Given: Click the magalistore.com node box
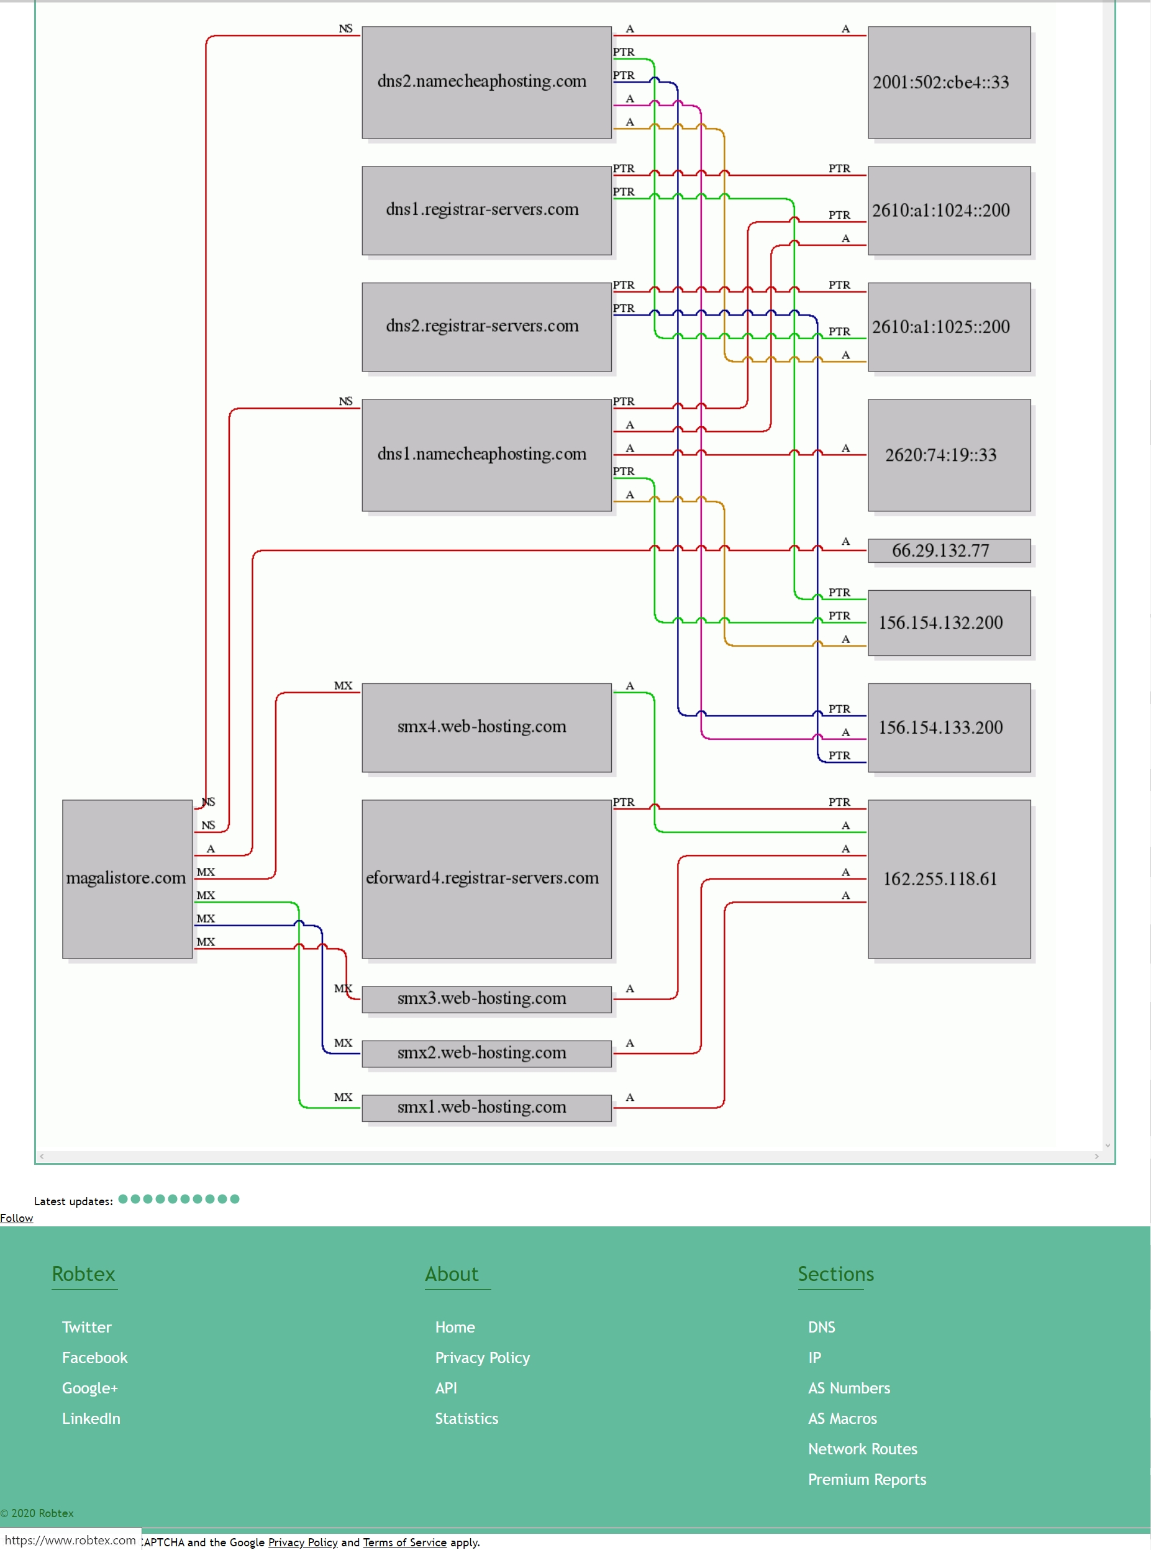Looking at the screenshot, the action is click(127, 878).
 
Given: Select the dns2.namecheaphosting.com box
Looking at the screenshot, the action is click(486, 82).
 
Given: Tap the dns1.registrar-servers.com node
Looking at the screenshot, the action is click(486, 211).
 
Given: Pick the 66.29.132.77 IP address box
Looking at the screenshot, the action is click(949, 550).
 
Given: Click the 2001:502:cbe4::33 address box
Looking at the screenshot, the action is click(949, 82).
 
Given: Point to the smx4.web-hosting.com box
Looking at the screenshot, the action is click(486, 727).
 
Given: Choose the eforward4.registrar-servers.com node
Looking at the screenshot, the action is click(486, 878).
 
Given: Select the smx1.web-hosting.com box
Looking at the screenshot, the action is click(486, 1108).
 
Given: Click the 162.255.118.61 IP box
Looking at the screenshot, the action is click(949, 878).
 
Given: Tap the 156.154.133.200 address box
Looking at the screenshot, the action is click(949, 727).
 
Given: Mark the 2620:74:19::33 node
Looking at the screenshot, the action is click(949, 455).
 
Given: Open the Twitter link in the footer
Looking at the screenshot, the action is click(86, 1327).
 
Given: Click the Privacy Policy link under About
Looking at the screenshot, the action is click(482, 1358).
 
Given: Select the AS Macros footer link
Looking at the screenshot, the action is click(842, 1418).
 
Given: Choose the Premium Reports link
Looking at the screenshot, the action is click(867, 1479).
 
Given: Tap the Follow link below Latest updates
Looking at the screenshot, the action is click(17, 1218).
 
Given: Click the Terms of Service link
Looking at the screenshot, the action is click(405, 1543).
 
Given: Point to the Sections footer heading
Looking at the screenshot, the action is click(835, 1274).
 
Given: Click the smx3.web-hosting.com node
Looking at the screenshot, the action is click(486, 999).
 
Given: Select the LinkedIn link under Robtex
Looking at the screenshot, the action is click(91, 1418).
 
